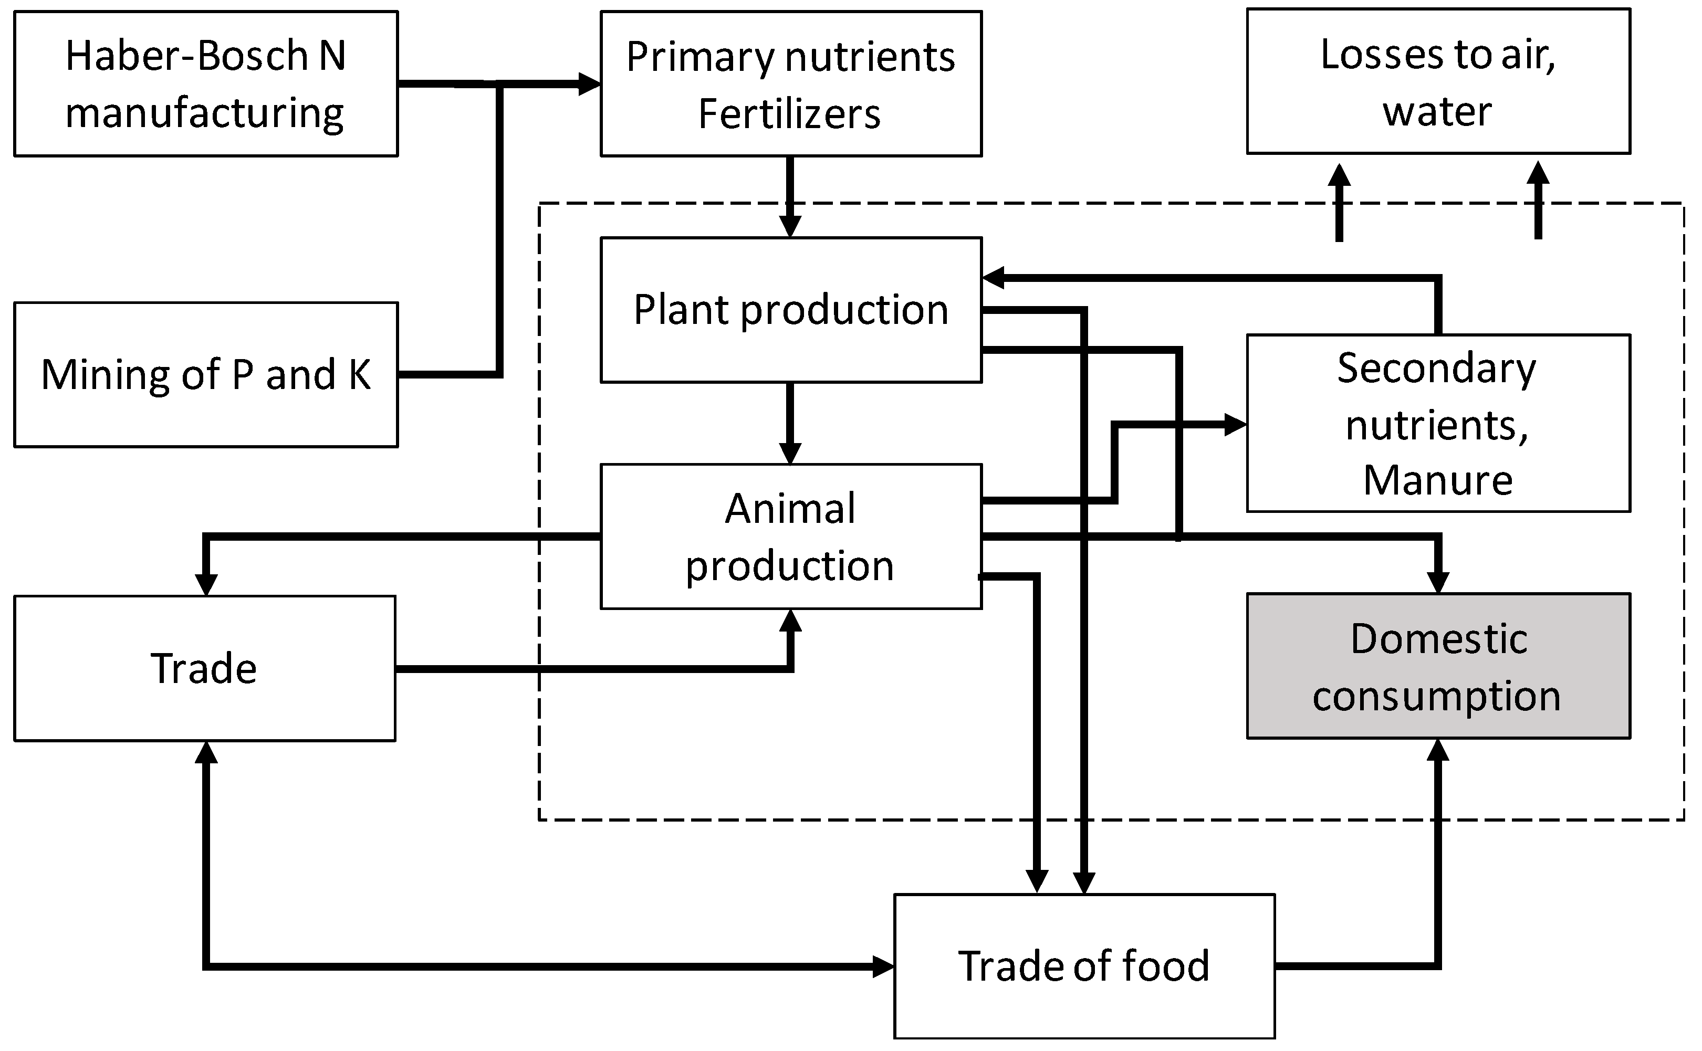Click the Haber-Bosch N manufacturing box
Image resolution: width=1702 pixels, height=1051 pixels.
(206, 83)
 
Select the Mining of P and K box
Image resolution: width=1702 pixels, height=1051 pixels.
(206, 375)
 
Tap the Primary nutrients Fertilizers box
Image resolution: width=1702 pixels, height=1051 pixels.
(790, 83)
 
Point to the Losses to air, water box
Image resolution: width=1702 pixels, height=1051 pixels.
(1438, 81)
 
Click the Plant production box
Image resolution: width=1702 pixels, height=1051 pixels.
(790, 310)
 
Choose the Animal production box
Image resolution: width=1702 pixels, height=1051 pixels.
(790, 537)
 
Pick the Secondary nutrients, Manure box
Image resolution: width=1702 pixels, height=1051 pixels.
(1438, 423)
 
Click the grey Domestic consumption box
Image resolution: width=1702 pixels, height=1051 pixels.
(1438, 666)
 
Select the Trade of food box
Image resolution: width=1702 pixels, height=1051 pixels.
(1084, 966)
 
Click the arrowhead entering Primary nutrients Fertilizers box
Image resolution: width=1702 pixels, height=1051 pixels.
(590, 84)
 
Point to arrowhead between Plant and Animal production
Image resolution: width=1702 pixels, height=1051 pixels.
(790, 453)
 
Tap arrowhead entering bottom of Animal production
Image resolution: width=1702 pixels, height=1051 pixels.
(790, 621)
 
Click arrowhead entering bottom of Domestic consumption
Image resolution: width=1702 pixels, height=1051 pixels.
(1438, 751)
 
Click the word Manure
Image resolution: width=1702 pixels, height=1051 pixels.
(1438, 480)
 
